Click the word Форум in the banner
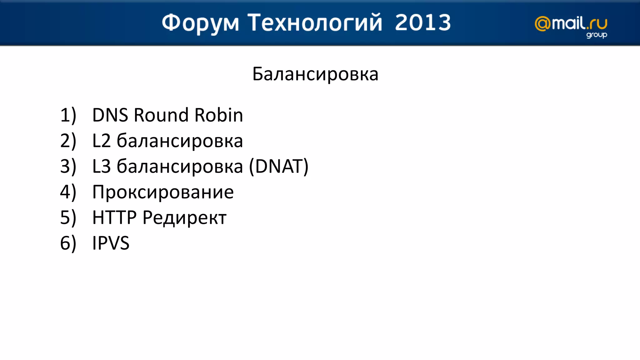click(200, 23)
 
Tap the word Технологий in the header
click(315, 23)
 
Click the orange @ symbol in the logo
click(543, 24)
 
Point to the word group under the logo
click(596, 35)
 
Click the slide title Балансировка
click(315, 74)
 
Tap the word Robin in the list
click(218, 115)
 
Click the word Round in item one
click(161, 115)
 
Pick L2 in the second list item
click(102, 141)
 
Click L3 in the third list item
click(102, 166)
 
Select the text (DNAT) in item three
click(279, 166)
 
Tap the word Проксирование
click(163, 192)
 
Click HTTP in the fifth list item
click(114, 217)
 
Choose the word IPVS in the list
click(111, 243)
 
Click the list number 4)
click(68, 192)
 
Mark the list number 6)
click(68, 243)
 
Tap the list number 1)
click(68, 115)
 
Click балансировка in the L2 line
click(180, 141)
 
